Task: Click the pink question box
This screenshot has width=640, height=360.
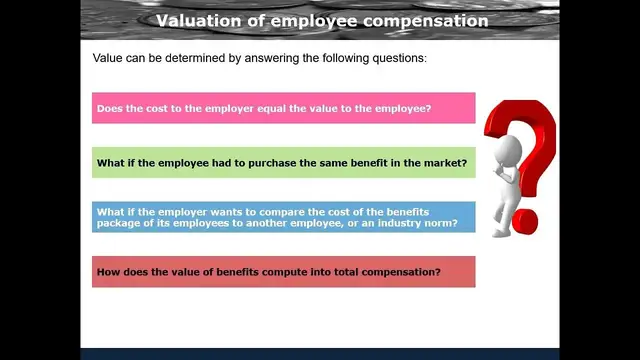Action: [x=283, y=108]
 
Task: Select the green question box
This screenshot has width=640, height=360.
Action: [x=283, y=163]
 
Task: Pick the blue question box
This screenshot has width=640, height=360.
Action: [x=283, y=217]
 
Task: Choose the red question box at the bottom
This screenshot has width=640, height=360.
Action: [x=283, y=272]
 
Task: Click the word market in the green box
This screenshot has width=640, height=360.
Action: [x=445, y=163]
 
